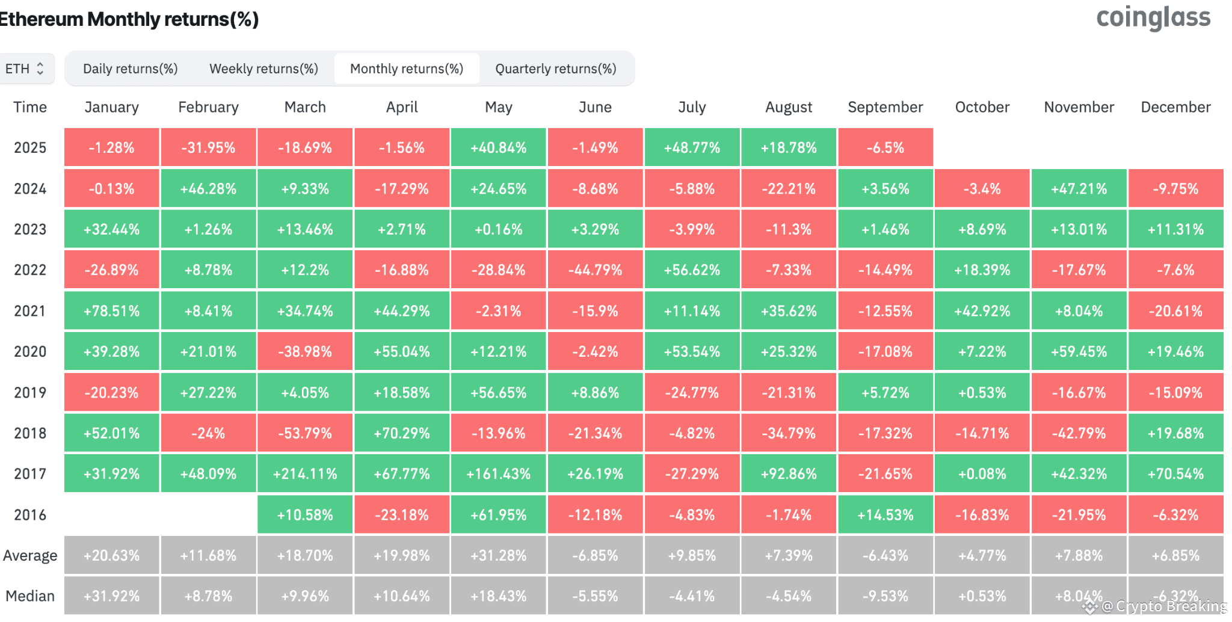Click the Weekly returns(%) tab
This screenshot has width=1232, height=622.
point(263,69)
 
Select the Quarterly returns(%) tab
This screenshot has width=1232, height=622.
point(556,69)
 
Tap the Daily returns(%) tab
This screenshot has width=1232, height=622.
point(130,69)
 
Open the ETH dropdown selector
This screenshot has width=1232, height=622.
point(26,69)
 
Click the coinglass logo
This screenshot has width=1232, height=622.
point(1153,18)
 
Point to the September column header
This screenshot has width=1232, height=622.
point(885,107)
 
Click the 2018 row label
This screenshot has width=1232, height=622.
point(30,433)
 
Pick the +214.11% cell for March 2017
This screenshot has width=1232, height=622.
point(305,474)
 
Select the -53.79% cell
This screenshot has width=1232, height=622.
point(305,433)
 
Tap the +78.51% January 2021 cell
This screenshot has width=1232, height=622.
point(112,311)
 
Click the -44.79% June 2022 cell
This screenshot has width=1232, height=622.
point(596,270)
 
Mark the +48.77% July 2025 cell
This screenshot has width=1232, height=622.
point(692,147)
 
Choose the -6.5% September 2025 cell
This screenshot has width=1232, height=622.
point(885,147)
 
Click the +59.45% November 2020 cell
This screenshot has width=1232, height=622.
point(1079,351)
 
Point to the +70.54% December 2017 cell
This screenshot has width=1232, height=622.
point(1176,474)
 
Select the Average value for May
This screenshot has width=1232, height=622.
point(499,555)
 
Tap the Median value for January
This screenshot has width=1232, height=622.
point(112,596)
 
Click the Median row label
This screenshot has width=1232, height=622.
point(30,596)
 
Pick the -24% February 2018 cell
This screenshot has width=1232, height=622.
point(209,433)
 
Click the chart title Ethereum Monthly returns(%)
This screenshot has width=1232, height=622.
point(129,19)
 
